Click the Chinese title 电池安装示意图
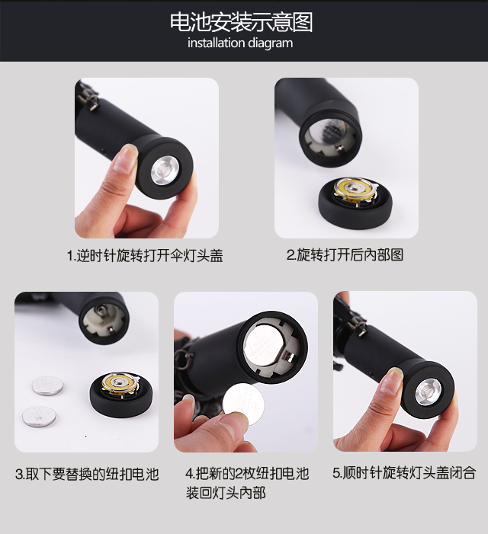(241, 22)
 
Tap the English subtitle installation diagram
(240, 43)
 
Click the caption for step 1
(145, 255)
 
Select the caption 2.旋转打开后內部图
(345, 254)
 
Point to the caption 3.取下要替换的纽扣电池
(87, 474)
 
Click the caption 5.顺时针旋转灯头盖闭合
(404, 473)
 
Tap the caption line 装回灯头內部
(225, 492)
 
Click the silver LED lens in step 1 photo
(165, 169)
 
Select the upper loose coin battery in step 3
(47, 385)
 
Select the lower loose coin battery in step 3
(39, 416)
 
